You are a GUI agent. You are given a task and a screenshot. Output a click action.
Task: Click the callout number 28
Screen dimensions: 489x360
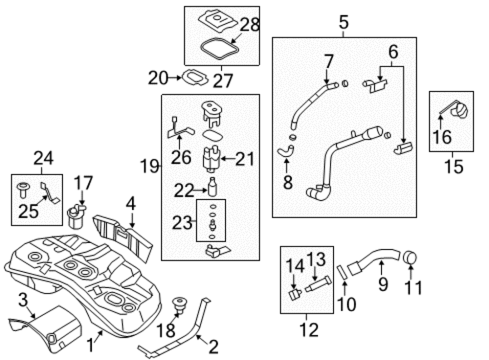(x=249, y=24)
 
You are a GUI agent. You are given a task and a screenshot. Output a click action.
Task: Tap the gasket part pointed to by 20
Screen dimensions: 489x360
(x=195, y=77)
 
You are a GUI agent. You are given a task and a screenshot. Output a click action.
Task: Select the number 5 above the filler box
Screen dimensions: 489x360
(x=343, y=22)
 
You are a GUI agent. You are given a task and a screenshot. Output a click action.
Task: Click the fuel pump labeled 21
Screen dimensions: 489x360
(x=212, y=159)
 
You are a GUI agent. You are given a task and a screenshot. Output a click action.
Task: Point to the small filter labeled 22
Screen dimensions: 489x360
(x=212, y=187)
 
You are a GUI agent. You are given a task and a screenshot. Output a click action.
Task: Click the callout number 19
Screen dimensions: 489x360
(x=149, y=166)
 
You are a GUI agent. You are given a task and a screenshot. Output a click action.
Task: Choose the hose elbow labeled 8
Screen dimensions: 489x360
(x=285, y=151)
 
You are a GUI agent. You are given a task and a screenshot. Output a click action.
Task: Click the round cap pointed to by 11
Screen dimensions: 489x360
(x=410, y=257)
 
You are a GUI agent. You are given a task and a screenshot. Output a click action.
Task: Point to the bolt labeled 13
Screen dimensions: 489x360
(x=318, y=283)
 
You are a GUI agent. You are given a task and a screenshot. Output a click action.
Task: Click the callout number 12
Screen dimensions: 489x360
(x=309, y=330)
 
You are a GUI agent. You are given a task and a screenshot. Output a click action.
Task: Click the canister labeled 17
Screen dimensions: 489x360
(x=76, y=216)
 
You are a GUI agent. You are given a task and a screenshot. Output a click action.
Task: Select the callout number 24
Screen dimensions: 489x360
(x=43, y=158)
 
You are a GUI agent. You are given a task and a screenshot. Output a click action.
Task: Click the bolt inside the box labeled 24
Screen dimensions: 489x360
(x=23, y=190)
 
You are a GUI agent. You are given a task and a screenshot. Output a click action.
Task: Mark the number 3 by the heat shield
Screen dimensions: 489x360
(x=23, y=300)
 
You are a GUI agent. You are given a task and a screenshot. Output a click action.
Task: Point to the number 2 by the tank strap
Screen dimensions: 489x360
(x=214, y=346)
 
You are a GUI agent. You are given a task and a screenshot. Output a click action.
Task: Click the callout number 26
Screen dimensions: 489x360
(x=181, y=157)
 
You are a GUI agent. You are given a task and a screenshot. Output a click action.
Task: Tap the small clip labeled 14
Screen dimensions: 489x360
(x=294, y=294)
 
